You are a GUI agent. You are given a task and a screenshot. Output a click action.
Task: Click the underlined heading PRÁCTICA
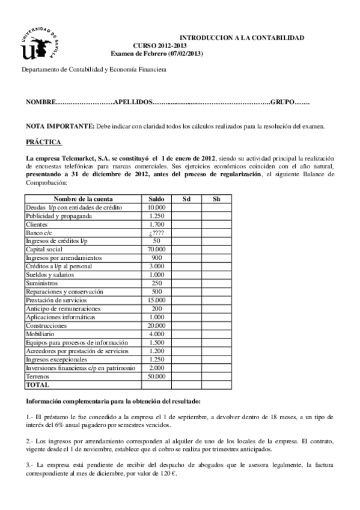click(x=44, y=142)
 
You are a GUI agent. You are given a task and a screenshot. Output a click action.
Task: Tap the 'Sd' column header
click(x=186, y=198)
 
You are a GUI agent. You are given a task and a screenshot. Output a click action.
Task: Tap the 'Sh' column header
click(x=216, y=198)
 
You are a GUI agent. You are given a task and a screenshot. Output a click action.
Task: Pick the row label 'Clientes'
click(x=37, y=224)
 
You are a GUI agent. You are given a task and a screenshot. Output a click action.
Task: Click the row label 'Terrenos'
click(x=38, y=375)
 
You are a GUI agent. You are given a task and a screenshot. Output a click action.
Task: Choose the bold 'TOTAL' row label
click(x=37, y=384)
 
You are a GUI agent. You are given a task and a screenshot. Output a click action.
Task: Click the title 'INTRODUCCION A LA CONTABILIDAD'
click(x=242, y=37)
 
